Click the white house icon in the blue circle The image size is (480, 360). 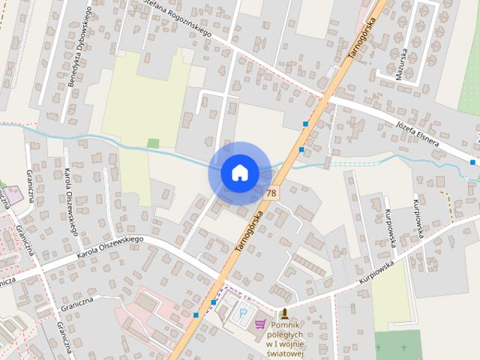239,173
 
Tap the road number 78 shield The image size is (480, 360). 270,193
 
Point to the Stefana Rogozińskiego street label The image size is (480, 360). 177,19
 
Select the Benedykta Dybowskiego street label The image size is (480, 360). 79,46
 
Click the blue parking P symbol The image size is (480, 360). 243,311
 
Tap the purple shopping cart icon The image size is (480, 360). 260,324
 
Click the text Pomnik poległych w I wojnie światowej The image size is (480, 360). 284,341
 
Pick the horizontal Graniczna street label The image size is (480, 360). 77,301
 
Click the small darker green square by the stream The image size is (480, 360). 153,143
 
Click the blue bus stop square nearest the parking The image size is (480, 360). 214,302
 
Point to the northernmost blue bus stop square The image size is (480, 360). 305,123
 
